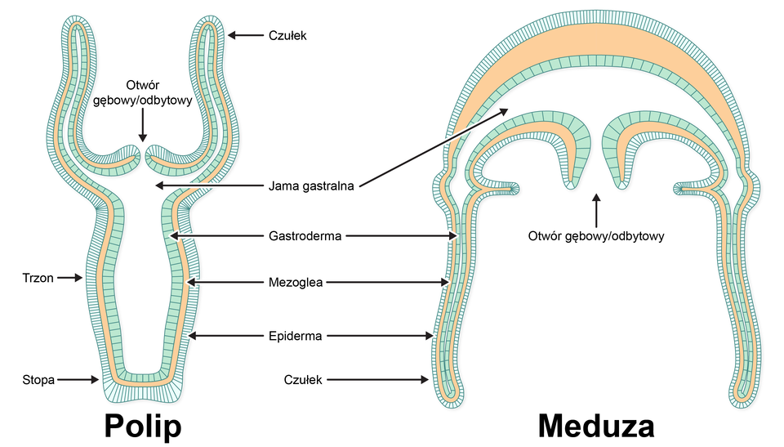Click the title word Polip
coord(142,427)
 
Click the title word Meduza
coord(596,427)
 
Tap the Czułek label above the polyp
coord(287,35)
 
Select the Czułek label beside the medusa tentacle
coord(303,380)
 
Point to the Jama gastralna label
coord(311,186)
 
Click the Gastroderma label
coord(305,236)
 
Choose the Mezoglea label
coord(296,282)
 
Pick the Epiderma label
coord(295,336)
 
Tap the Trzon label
coord(38,278)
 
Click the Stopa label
coord(38,380)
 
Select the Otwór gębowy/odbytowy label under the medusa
coord(596,236)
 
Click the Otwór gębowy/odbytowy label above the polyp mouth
coord(142,92)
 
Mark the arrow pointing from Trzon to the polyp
coord(69,277)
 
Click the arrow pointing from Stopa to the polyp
coord(78,380)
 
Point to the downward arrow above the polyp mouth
coord(142,125)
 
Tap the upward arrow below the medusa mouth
coord(596,210)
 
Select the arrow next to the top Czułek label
coord(245,35)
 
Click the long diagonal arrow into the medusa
coord(434,147)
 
